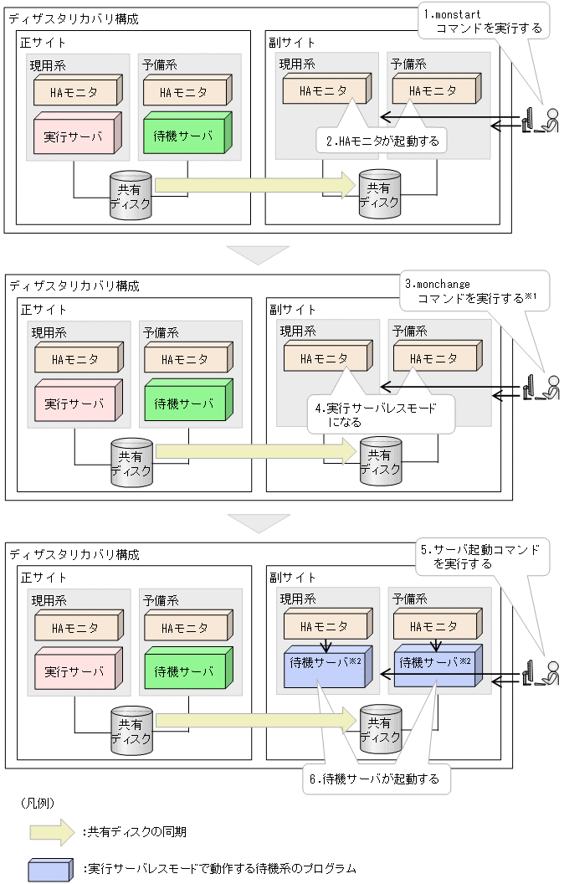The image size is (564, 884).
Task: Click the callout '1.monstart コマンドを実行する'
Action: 483,21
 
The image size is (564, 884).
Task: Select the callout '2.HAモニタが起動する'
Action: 381,140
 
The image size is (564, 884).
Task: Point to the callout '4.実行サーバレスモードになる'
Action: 381,414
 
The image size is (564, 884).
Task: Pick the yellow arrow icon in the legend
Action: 54,831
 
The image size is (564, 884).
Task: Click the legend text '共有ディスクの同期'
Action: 140,832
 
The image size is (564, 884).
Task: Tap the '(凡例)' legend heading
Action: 37,803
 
